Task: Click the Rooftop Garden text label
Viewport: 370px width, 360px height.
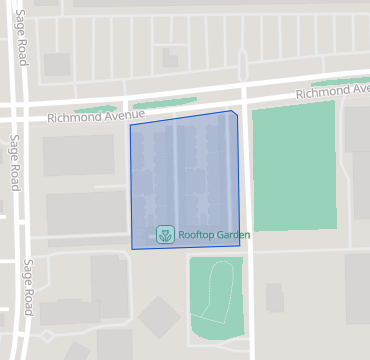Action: [x=214, y=235]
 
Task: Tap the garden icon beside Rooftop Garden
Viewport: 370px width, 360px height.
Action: [x=165, y=235]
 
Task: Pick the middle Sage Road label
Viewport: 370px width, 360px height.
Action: [x=15, y=162]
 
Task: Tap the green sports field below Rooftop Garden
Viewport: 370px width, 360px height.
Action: [x=216, y=297]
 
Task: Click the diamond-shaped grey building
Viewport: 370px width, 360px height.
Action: [x=159, y=319]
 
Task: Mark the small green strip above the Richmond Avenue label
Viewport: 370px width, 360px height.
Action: [x=95, y=109]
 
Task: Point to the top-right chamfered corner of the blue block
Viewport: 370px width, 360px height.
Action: [x=235, y=113]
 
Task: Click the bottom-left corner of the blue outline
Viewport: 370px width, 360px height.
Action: [x=133, y=248]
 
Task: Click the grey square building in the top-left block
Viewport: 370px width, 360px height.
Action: [x=57, y=65]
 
